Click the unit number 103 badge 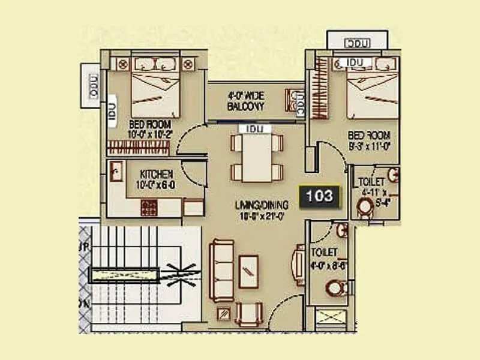tap(319, 196)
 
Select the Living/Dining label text tap(262, 209)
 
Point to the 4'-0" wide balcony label tap(246, 101)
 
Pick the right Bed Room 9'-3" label tap(370, 139)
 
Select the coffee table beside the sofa tap(248, 271)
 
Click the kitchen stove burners tap(148, 208)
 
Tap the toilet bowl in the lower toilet tap(337, 289)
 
